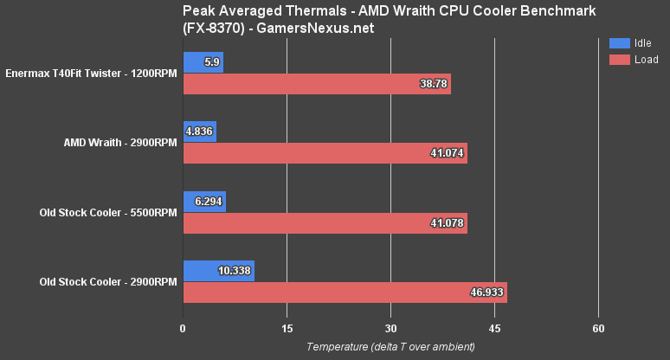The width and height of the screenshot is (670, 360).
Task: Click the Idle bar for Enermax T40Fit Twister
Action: point(203,62)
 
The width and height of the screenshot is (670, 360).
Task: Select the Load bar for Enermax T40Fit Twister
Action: point(316,85)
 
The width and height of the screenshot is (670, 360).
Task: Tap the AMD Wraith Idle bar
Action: point(199,132)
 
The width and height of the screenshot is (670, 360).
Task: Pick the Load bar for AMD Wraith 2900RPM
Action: point(325,154)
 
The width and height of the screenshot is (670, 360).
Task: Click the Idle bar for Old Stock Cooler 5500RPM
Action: point(204,201)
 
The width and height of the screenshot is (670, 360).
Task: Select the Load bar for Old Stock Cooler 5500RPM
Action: point(325,223)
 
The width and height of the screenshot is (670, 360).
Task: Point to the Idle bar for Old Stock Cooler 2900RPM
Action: point(218,270)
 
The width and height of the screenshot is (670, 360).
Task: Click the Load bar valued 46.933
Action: point(345,292)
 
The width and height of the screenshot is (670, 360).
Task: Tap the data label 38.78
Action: point(430,85)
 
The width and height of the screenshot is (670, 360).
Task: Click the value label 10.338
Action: point(234,270)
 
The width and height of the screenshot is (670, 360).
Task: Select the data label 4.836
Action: point(199,132)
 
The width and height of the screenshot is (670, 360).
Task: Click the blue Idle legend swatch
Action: point(620,42)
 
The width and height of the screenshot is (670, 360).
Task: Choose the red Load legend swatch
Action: point(620,60)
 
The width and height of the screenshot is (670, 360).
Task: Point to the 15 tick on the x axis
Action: point(287,329)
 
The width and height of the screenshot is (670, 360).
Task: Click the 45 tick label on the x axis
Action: point(494,329)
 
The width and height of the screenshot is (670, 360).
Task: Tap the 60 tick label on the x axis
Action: point(598,329)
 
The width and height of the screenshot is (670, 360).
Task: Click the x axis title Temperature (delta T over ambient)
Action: point(390,347)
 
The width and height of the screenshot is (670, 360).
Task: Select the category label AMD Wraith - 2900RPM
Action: point(120,143)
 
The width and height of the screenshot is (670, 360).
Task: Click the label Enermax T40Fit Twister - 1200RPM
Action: point(91,74)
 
